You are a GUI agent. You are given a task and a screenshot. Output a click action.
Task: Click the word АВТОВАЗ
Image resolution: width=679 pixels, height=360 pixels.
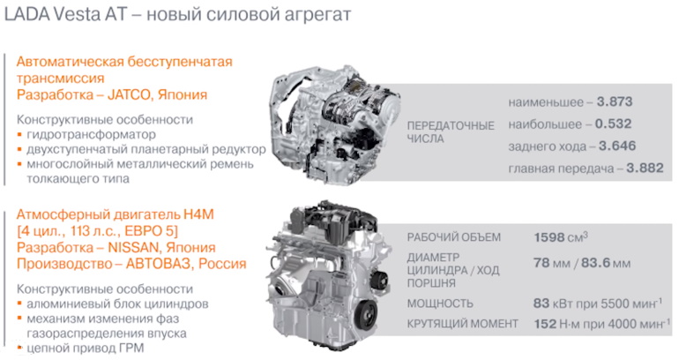coord(151,264)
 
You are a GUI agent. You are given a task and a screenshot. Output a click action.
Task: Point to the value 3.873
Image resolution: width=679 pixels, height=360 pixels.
coord(614,102)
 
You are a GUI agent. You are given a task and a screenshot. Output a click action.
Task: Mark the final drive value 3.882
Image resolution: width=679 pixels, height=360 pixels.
coord(645,168)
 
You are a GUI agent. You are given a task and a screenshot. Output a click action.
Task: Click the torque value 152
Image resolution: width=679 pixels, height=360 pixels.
coord(546,325)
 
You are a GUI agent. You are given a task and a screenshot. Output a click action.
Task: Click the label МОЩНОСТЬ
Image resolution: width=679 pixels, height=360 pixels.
coord(440,304)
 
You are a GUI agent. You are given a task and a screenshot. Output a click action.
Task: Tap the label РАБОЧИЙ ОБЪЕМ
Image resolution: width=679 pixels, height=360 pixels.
coord(453,237)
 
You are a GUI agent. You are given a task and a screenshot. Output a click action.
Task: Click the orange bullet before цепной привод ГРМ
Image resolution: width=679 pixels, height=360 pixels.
coord(20,349)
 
